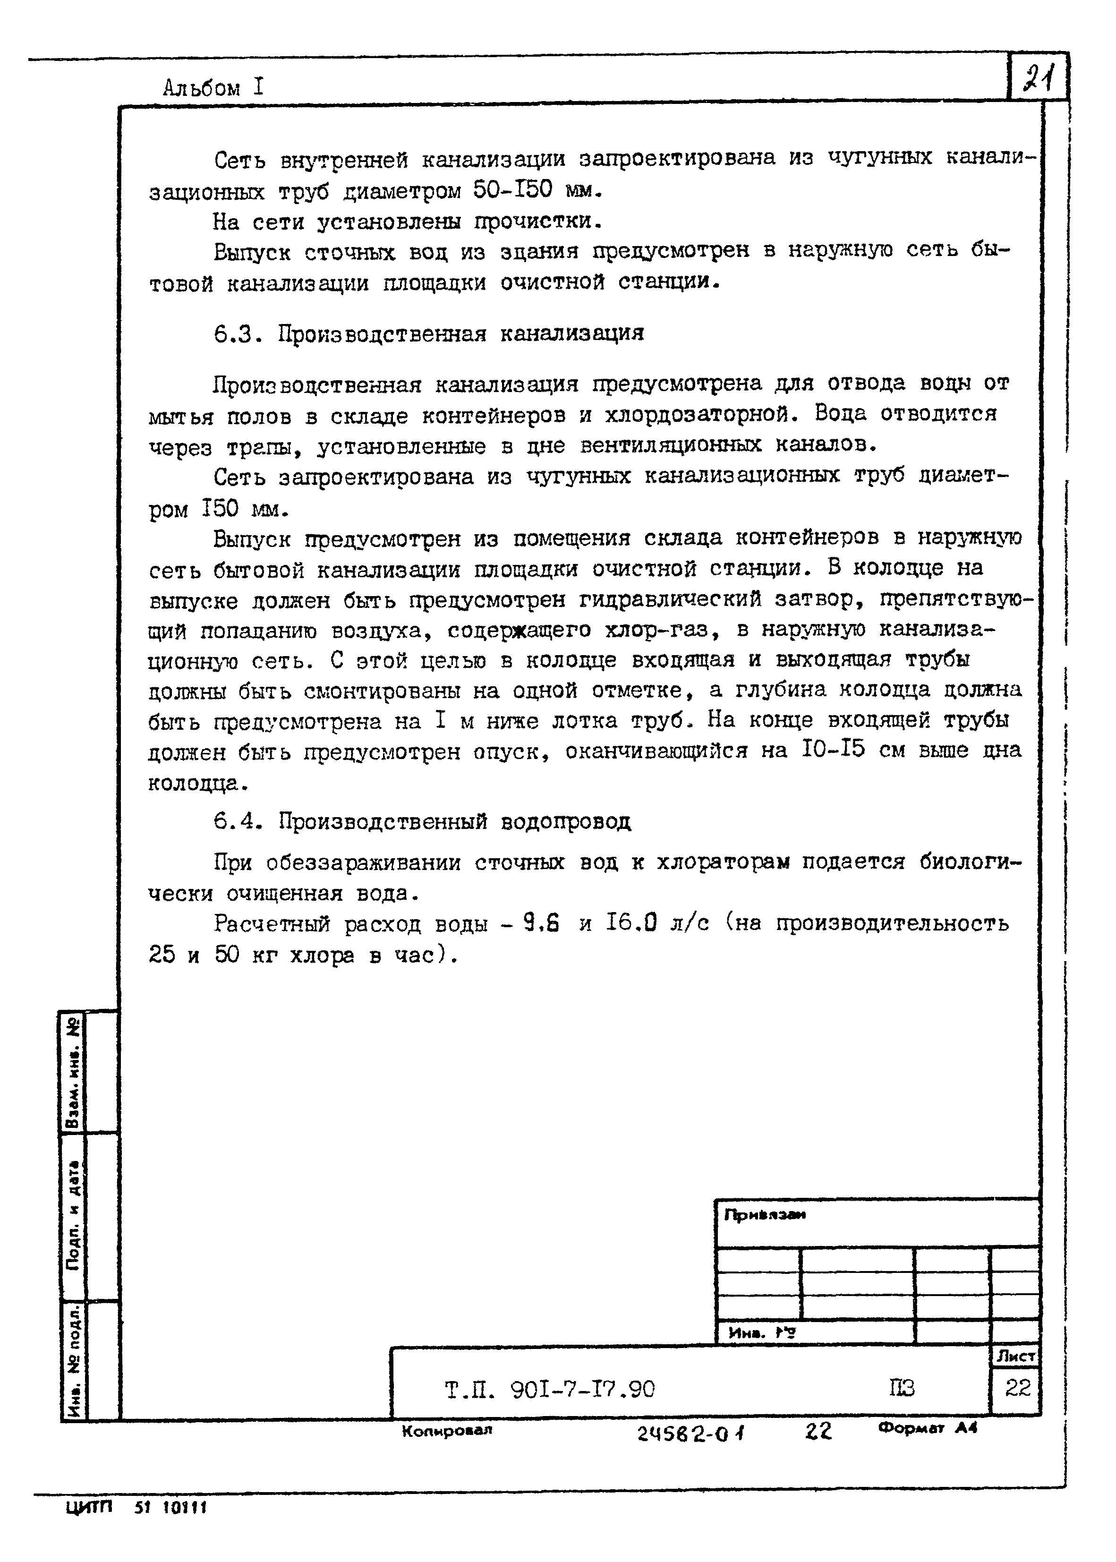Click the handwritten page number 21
point(1039,77)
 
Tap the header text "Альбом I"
point(213,88)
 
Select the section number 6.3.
point(238,335)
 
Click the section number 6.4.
point(238,821)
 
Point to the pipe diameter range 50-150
point(512,190)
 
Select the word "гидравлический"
point(671,599)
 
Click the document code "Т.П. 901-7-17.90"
point(550,1390)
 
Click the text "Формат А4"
point(927,1428)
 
